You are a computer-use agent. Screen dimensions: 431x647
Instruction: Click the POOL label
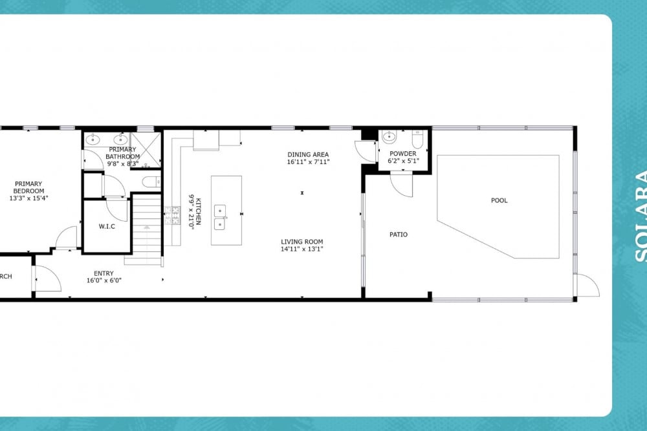coord(499,200)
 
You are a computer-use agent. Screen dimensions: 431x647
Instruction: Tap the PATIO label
coord(399,235)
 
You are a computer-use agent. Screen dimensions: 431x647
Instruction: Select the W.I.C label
coord(107,226)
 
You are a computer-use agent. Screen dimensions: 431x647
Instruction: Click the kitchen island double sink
coord(220,217)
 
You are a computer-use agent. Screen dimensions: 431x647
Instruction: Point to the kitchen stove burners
coord(173,216)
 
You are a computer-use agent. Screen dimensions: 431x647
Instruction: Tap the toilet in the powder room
coord(417,140)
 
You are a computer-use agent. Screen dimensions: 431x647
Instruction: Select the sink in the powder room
coord(389,136)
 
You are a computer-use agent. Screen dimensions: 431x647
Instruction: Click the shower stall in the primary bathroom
coord(147,149)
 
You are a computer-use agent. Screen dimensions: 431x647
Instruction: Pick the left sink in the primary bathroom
coord(93,139)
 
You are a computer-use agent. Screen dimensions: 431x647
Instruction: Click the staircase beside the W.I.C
coord(146,226)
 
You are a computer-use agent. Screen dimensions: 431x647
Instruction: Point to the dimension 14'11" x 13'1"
coord(302,249)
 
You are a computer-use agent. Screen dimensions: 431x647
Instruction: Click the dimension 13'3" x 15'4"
coord(29,198)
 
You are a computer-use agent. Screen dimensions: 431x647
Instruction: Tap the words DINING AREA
coord(309,154)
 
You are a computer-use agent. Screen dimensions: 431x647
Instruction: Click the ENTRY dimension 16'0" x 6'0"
coord(104,280)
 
